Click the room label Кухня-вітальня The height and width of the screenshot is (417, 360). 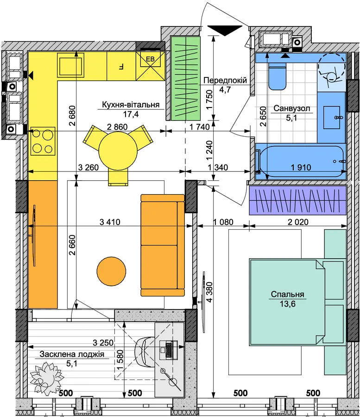(x=131, y=105)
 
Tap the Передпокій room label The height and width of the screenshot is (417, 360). (x=225, y=80)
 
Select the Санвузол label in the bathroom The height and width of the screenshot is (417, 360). (x=292, y=108)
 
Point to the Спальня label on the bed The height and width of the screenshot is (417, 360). (x=287, y=294)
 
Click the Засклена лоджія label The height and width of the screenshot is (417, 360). (x=72, y=354)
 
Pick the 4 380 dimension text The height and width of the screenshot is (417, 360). (x=210, y=292)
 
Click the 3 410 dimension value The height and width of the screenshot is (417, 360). (x=110, y=222)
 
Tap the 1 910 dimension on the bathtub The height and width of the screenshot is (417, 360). (x=301, y=167)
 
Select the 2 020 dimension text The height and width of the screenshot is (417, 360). (x=298, y=222)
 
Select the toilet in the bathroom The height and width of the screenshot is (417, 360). (x=277, y=76)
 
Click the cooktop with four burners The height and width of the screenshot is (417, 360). (x=43, y=141)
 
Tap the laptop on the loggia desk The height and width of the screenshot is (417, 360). (x=169, y=349)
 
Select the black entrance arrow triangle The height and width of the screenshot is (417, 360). (x=225, y=30)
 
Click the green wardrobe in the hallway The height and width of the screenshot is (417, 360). (x=186, y=78)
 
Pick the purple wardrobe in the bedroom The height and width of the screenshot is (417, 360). (x=298, y=200)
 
